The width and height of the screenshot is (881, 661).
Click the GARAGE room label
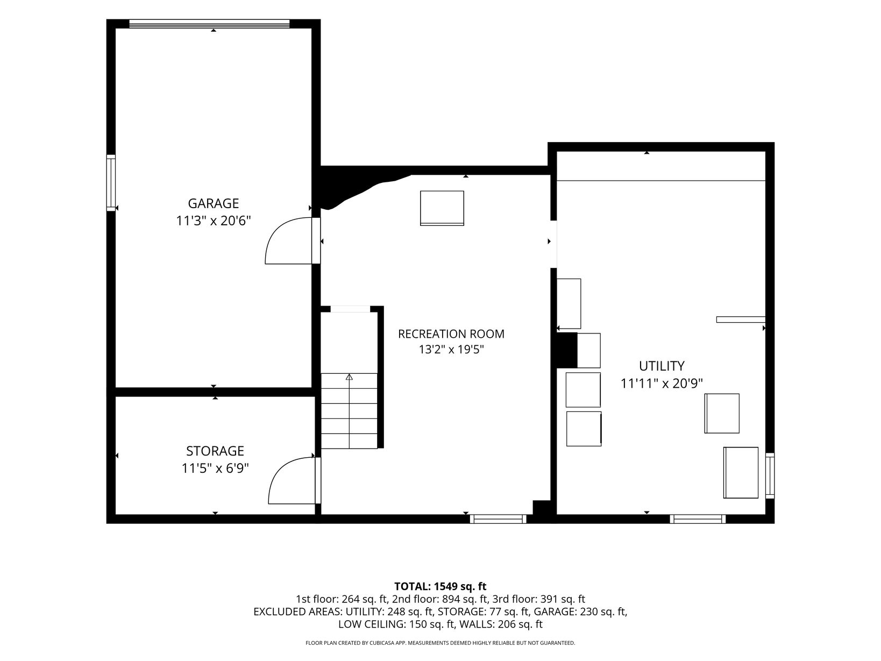point(213,203)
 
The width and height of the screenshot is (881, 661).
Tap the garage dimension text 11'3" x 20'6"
point(213,221)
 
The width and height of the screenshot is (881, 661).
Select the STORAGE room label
point(215,451)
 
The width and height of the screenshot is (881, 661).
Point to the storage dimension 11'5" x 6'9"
point(215,468)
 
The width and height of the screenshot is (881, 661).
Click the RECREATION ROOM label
point(451,334)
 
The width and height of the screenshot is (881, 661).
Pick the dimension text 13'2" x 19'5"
point(451,350)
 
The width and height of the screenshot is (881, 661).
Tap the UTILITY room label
point(662,366)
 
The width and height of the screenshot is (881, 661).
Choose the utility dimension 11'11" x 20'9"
point(662,383)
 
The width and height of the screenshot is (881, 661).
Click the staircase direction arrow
point(349,411)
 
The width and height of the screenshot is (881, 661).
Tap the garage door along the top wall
point(209,24)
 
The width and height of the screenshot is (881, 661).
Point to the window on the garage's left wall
point(111,183)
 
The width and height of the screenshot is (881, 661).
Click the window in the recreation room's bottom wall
point(498,519)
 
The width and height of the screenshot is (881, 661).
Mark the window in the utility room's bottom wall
point(698,519)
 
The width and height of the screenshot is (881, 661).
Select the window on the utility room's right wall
point(770,475)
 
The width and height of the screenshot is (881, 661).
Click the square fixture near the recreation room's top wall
point(442,208)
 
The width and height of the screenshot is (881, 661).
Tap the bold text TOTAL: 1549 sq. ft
point(440,586)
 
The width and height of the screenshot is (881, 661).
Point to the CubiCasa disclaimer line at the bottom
point(440,643)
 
